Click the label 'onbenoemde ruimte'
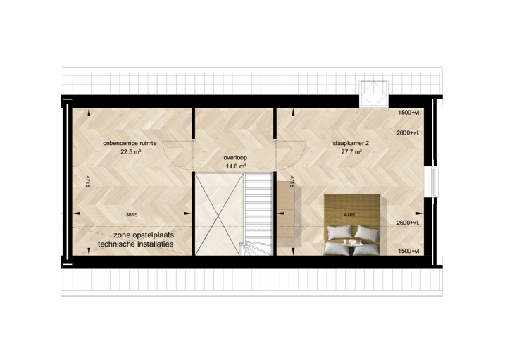(x=130, y=143)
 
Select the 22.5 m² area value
(x=131, y=151)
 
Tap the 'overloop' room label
(x=235, y=158)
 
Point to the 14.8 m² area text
(x=236, y=166)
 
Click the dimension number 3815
(x=132, y=214)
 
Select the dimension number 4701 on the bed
(x=349, y=214)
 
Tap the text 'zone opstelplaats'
(x=144, y=235)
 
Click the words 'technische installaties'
(x=136, y=244)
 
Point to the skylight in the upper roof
(x=374, y=94)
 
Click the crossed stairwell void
(x=218, y=213)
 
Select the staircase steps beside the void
(x=258, y=213)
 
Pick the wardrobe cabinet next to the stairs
(x=285, y=210)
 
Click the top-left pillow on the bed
(x=339, y=232)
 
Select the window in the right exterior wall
(x=434, y=182)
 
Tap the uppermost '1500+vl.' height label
(x=409, y=113)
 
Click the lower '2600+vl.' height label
(x=408, y=223)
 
